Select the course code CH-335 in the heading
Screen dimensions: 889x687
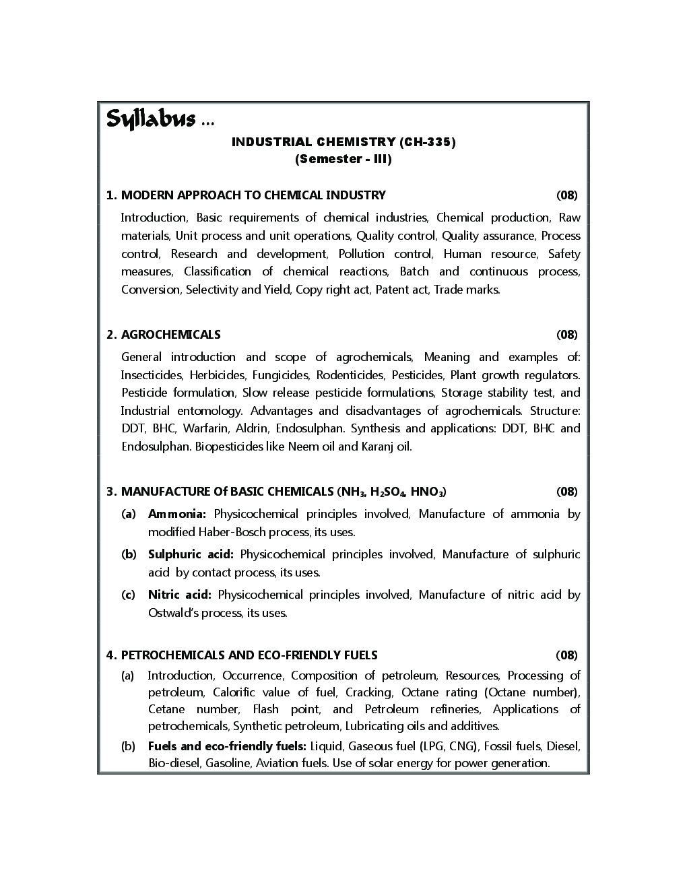point(428,141)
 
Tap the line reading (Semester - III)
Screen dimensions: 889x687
point(343,160)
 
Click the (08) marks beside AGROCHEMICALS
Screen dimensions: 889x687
point(566,335)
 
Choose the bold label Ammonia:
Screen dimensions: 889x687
point(176,514)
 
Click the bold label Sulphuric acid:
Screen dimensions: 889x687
point(191,554)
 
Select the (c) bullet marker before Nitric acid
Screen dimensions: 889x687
point(128,595)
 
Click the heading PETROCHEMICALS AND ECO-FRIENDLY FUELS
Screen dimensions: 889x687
point(249,655)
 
